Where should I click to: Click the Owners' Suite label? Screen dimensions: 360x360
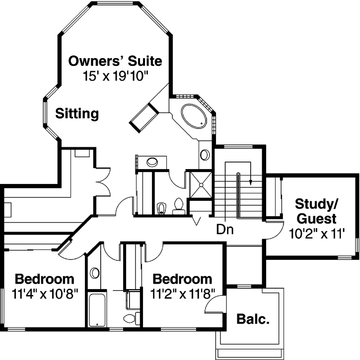pyautogui.click(x=115, y=61)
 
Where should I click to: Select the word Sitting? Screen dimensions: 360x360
pyautogui.click(x=77, y=114)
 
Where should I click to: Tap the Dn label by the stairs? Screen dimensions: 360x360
pyautogui.click(x=225, y=230)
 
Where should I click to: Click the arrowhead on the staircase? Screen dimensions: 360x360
pyautogui.click(x=251, y=181)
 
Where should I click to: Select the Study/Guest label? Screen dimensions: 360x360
pyautogui.click(x=316, y=211)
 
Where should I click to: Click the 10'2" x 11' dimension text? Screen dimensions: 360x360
pyautogui.click(x=316, y=234)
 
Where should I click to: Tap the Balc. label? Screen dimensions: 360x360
pyautogui.click(x=253, y=319)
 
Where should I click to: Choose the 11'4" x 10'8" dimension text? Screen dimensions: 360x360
pyautogui.click(x=45, y=294)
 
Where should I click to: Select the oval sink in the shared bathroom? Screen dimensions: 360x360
pyautogui.click(x=95, y=274)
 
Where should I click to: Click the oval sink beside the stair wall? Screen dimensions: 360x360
pyautogui.click(x=205, y=155)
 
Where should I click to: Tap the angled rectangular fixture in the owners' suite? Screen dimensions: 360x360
pyautogui.click(x=144, y=116)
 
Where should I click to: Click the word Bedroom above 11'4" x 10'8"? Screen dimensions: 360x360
pyautogui.click(x=45, y=278)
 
